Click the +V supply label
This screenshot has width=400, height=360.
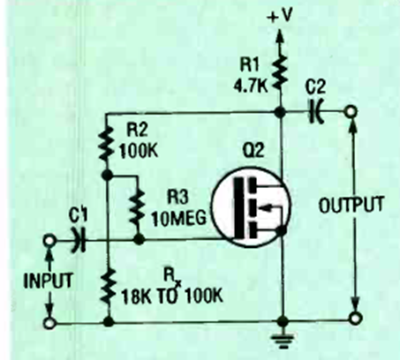pyautogui.click(x=280, y=16)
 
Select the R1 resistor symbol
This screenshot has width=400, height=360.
pyautogui.click(x=280, y=71)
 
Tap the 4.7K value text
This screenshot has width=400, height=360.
pyautogui.click(x=251, y=86)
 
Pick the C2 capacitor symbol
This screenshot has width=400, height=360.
pyautogui.click(x=316, y=111)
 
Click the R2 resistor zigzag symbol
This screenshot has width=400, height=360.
pyautogui.click(x=107, y=143)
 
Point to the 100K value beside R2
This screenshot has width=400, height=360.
pyautogui.click(x=139, y=151)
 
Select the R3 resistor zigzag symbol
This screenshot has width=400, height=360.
pyautogui.click(x=138, y=206)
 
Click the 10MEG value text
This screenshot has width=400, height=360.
pyautogui.click(x=179, y=219)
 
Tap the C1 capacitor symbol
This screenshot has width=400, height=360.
pyautogui.click(x=79, y=240)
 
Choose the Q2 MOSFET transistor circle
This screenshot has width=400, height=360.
pyautogui.click(x=251, y=206)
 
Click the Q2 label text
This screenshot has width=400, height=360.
pyautogui.click(x=253, y=151)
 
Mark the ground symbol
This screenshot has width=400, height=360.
pyautogui.click(x=283, y=341)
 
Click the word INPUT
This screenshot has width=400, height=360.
pyautogui.click(x=48, y=281)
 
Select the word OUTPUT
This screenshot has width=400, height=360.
pyautogui.click(x=351, y=204)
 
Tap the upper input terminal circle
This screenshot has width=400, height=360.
pyautogui.click(x=49, y=240)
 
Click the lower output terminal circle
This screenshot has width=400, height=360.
pyautogui.click(x=356, y=319)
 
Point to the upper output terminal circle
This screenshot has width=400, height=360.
pyautogui.click(x=351, y=112)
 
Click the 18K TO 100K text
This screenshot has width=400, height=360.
pyautogui.click(x=172, y=296)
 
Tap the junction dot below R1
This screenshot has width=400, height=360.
pyautogui.click(x=279, y=112)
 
